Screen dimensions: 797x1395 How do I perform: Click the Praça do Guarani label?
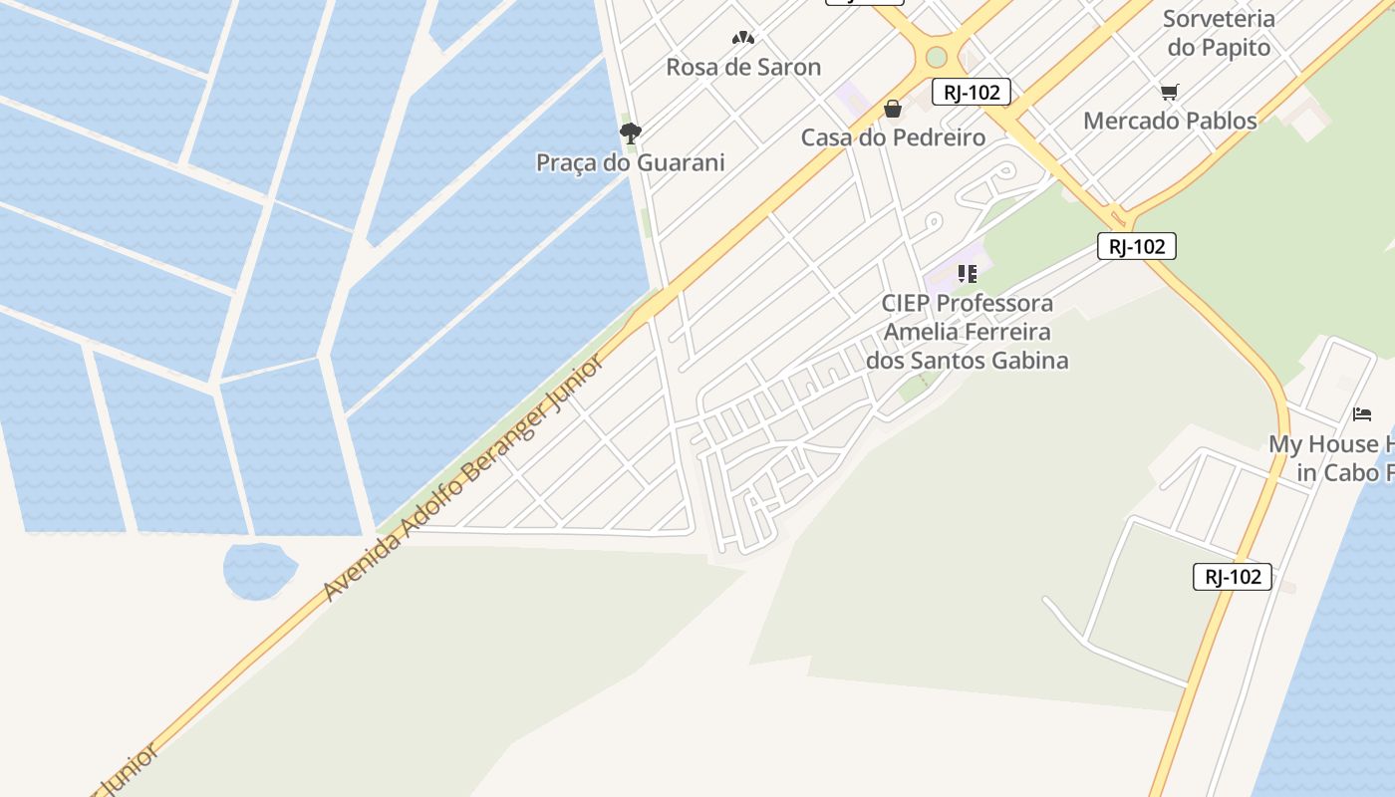coord(630,162)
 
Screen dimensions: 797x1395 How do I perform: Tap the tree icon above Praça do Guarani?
coord(630,133)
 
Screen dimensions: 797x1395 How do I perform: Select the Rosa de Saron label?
coord(743,67)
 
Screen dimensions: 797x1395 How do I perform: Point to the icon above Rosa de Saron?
coord(742,38)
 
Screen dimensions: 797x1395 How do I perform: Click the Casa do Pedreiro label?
coord(893,137)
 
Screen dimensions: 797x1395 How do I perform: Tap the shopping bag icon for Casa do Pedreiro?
coord(893,108)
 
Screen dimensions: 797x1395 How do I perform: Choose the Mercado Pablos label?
coord(1170,121)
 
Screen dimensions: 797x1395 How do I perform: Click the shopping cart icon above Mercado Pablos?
coord(1170,92)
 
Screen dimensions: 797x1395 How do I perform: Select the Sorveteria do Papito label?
coord(1220,33)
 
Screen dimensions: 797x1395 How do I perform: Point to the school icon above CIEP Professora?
coord(967,273)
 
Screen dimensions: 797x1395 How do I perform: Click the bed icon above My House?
coord(1362,413)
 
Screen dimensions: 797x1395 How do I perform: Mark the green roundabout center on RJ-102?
coord(936,57)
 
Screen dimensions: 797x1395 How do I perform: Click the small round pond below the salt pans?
coord(259,571)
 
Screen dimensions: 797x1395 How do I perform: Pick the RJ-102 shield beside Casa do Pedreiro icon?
coord(972,93)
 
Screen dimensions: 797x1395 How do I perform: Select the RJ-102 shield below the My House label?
coord(1232,576)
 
